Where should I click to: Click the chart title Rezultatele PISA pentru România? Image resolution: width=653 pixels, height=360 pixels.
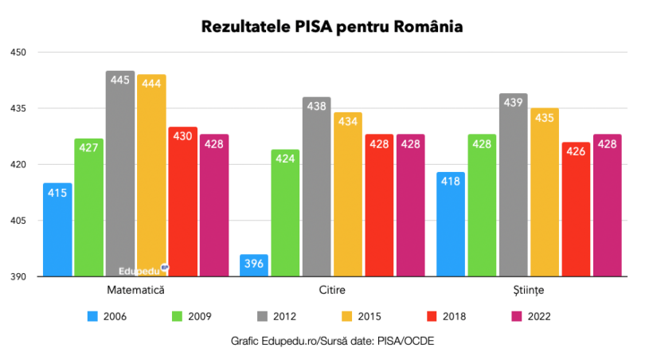tap(331, 26)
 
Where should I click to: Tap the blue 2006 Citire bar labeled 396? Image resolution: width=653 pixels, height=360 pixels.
tap(254, 266)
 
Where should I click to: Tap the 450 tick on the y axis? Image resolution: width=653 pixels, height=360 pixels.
tap(18, 53)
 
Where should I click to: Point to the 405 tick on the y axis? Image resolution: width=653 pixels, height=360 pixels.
tap(18, 221)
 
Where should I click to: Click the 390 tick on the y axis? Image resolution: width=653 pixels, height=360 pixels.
tap(18, 277)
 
